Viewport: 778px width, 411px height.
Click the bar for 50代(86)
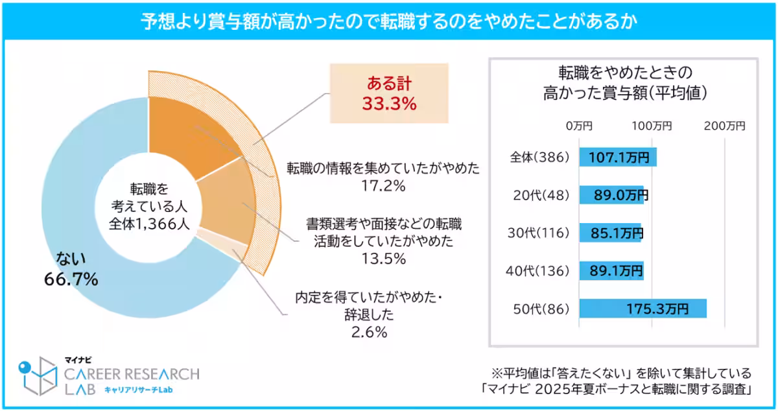tap(642, 309)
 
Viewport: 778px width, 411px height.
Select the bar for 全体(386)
tap(618, 157)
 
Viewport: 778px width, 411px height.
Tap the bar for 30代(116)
tap(609, 233)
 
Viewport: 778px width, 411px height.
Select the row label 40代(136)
tap(536, 270)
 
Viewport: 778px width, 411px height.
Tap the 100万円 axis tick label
tap(652, 126)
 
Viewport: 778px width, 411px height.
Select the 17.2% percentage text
tap(383, 187)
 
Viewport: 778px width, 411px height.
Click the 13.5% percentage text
tap(383, 259)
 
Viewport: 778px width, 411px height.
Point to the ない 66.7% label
tap(71, 270)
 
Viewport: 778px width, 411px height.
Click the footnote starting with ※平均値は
tap(621, 373)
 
